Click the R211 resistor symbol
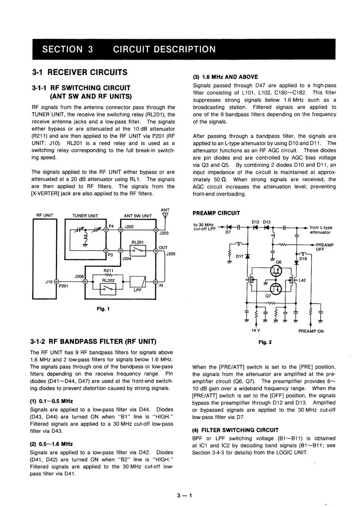108,275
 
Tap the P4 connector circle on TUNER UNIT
106,229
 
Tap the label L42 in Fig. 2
303,280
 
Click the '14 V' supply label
256,330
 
